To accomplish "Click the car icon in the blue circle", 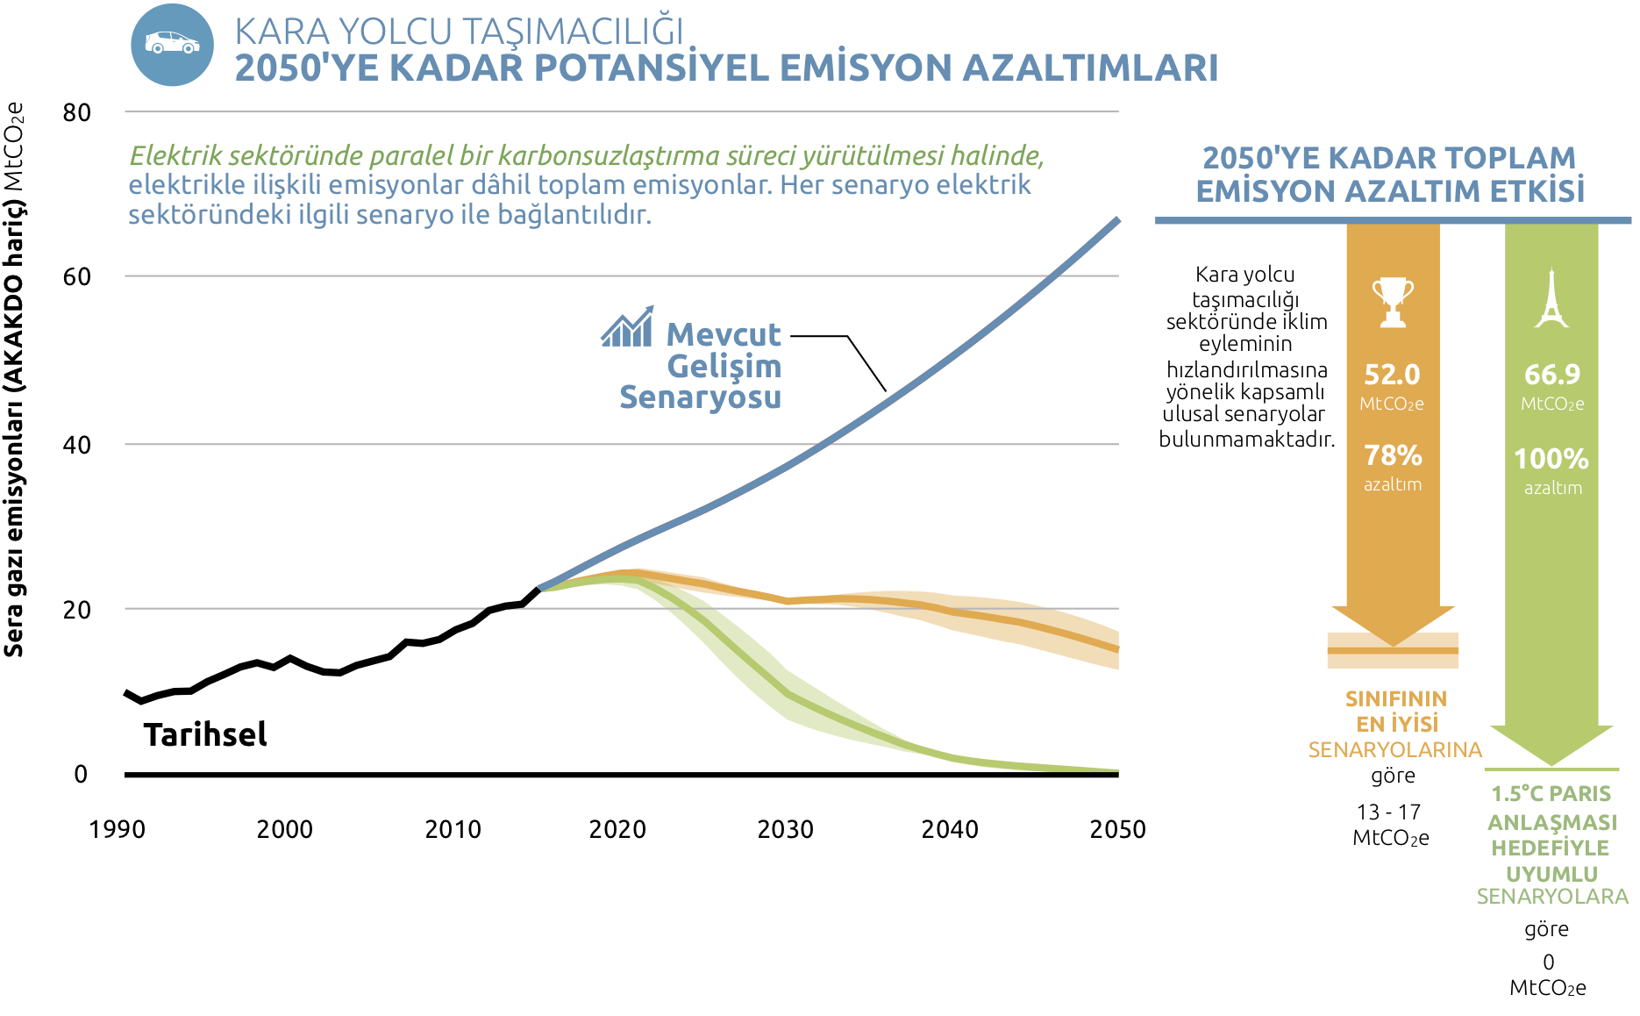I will click(172, 43).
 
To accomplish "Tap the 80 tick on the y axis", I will click(77, 112).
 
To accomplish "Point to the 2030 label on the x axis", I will click(785, 829).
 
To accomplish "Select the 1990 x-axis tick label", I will click(117, 829).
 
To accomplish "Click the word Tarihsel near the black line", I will click(205, 734).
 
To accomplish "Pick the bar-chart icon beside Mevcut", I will click(628, 327).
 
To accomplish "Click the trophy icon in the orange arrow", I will click(1393, 302).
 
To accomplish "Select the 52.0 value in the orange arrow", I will click(1392, 375).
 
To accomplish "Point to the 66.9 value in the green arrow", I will click(1551, 375).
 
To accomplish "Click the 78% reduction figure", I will click(1393, 455).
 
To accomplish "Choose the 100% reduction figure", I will click(1551, 458).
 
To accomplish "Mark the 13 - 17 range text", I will click(1388, 812).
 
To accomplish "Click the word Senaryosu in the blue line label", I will click(700, 397).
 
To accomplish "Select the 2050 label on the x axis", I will click(1117, 829).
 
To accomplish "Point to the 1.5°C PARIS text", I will click(1551, 793).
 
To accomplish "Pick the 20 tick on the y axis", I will click(77, 609).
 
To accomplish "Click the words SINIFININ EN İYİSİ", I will click(1396, 711).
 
